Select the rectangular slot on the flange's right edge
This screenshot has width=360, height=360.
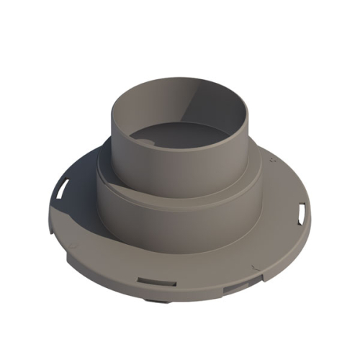[302, 212]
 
